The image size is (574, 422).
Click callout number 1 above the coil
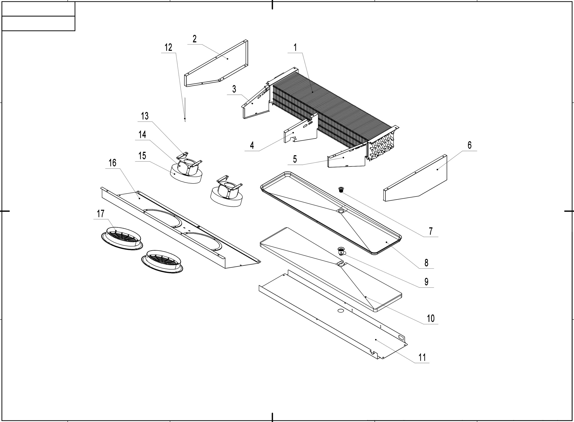click(295, 48)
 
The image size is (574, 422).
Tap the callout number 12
click(168, 48)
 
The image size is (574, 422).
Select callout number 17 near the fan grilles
click(100, 214)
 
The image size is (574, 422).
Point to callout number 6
click(469, 145)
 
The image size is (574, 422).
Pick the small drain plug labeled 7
click(341, 189)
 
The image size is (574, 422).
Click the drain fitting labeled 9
click(341, 251)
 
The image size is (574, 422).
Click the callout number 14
click(142, 135)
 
